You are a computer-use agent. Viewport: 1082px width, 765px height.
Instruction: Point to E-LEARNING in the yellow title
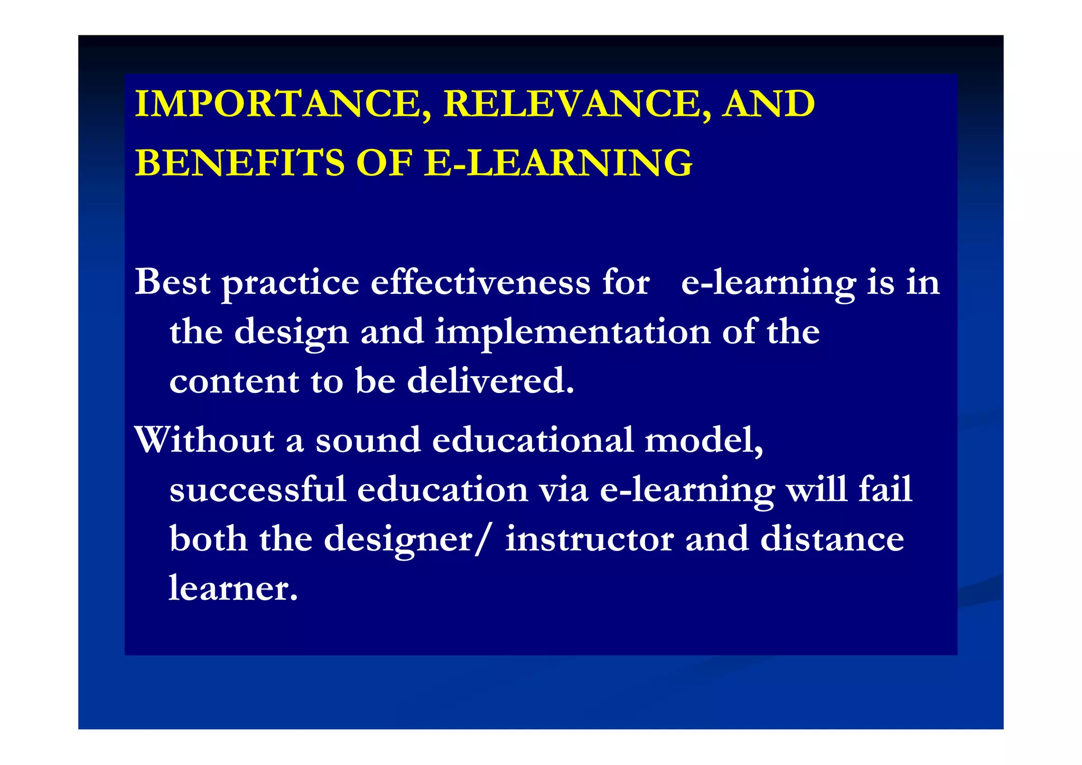click(558, 163)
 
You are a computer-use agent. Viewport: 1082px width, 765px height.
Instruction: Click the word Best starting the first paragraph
click(173, 282)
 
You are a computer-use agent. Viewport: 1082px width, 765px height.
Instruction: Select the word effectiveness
click(480, 282)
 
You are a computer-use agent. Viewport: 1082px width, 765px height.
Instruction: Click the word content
click(234, 381)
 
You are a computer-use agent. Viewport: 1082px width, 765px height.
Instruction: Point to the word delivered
click(490, 380)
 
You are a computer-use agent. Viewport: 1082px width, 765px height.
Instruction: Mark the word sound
click(368, 440)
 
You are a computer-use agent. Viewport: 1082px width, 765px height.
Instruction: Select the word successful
click(258, 489)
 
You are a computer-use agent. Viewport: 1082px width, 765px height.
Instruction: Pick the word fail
click(885, 489)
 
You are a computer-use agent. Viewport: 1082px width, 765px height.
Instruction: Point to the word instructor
click(590, 539)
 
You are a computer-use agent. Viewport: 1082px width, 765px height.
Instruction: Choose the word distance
click(832, 539)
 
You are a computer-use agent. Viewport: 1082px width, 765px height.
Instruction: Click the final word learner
click(233, 588)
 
